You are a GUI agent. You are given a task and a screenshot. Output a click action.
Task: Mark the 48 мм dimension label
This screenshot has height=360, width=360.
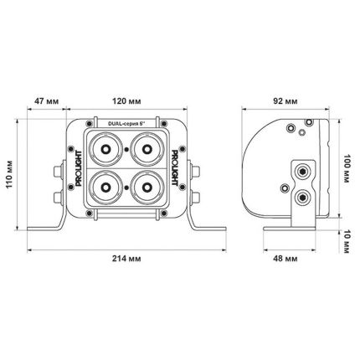pos(286,259)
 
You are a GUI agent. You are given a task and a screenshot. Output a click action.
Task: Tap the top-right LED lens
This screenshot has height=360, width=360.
pos(147,151)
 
